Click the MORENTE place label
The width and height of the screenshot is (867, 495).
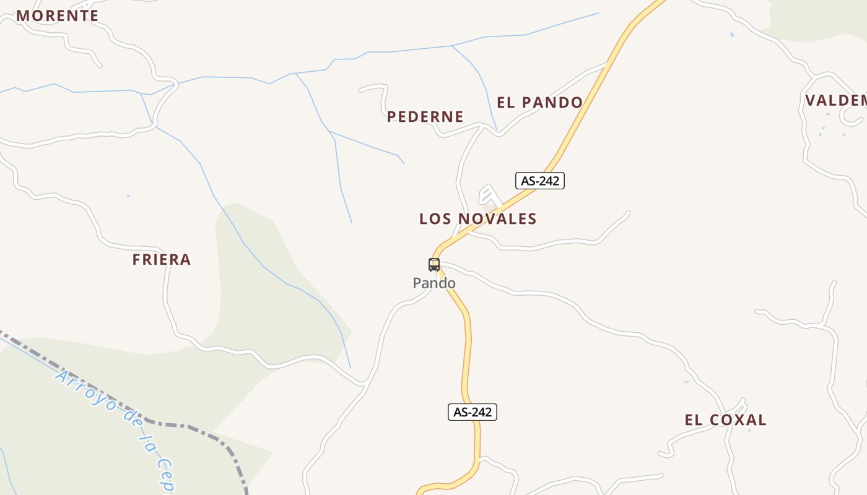57,16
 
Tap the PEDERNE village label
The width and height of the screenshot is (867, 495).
425,117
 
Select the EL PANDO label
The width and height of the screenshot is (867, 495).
539,103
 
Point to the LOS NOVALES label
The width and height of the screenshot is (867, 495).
477,219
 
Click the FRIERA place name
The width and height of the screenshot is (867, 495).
161,260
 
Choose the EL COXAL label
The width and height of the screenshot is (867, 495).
725,420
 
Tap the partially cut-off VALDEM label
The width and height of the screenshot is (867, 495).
835,100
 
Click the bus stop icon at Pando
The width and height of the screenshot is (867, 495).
434,265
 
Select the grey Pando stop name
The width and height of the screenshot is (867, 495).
434,283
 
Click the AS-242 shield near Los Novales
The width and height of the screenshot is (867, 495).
540,181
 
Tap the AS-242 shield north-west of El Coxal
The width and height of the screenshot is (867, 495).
473,412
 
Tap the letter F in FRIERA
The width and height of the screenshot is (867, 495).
136,260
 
